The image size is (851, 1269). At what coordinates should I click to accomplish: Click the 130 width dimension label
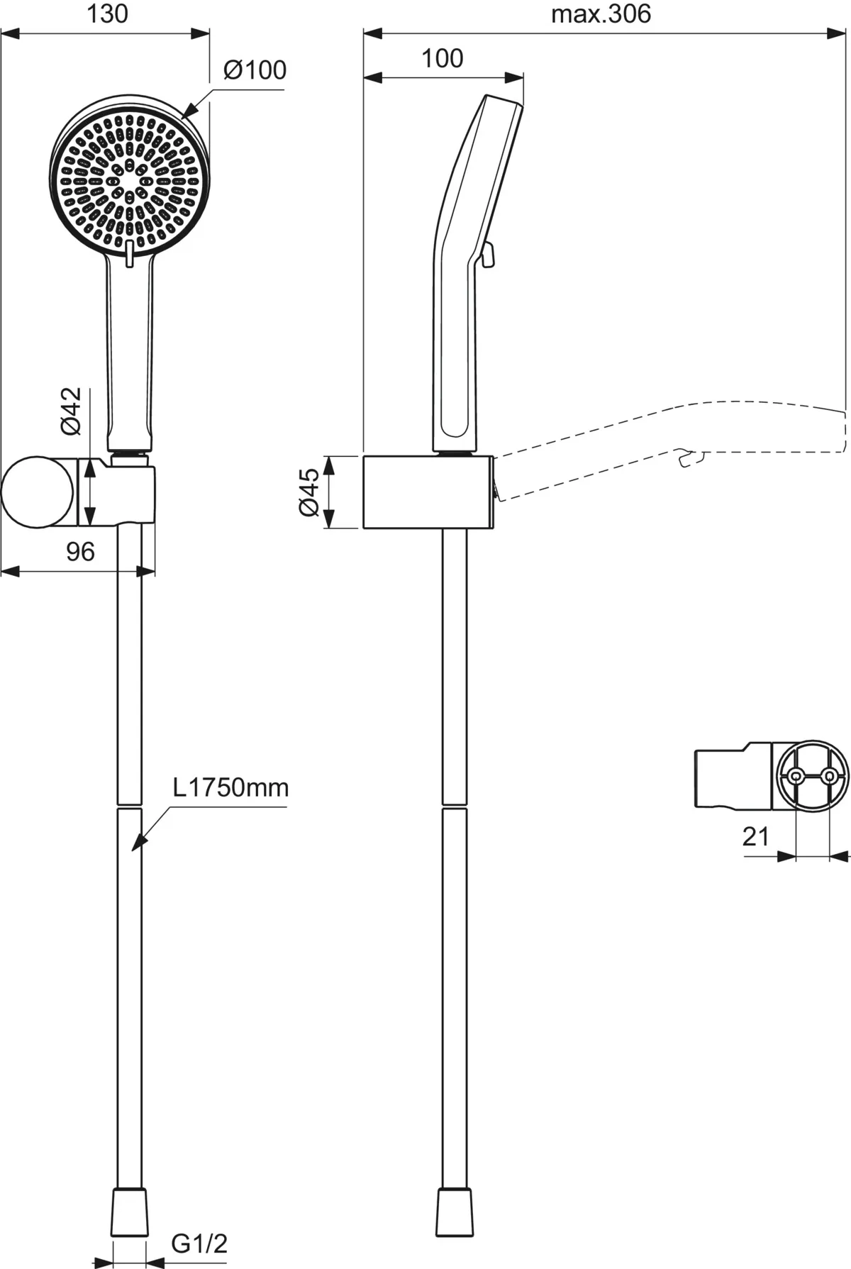coord(108,13)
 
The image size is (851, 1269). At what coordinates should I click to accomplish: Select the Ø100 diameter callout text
coord(255,70)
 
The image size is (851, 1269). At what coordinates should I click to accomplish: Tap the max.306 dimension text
coord(601,13)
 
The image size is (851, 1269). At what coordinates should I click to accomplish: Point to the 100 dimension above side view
coord(443,58)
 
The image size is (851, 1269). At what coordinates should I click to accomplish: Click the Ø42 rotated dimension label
coord(72,411)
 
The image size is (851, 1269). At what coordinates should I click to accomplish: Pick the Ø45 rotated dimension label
coord(309,492)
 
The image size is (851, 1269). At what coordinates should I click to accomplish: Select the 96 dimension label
coord(80,551)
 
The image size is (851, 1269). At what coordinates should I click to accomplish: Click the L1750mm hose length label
coord(231,787)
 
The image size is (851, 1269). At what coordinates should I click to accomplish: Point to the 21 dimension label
coord(756,836)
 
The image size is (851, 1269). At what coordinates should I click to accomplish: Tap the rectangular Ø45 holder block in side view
coord(428,492)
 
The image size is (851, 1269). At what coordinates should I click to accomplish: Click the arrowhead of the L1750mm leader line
coord(139,842)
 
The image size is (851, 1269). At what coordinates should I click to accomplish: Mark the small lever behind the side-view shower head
coord(487,255)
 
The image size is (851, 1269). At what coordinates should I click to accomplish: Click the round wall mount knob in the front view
coord(37,493)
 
